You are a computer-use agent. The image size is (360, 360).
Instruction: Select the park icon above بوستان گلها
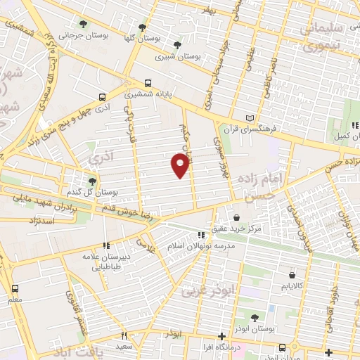(x=142, y=27)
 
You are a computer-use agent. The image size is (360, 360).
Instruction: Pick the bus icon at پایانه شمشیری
(x=147, y=82)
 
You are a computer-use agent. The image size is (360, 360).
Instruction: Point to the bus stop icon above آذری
(x=103, y=98)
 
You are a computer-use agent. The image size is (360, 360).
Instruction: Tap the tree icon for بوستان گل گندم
(x=92, y=181)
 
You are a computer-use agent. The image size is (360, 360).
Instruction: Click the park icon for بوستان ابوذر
(x=255, y=318)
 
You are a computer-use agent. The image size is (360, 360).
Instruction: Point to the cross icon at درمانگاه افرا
(x=221, y=335)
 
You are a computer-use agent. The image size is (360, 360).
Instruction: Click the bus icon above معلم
(x=15, y=288)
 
